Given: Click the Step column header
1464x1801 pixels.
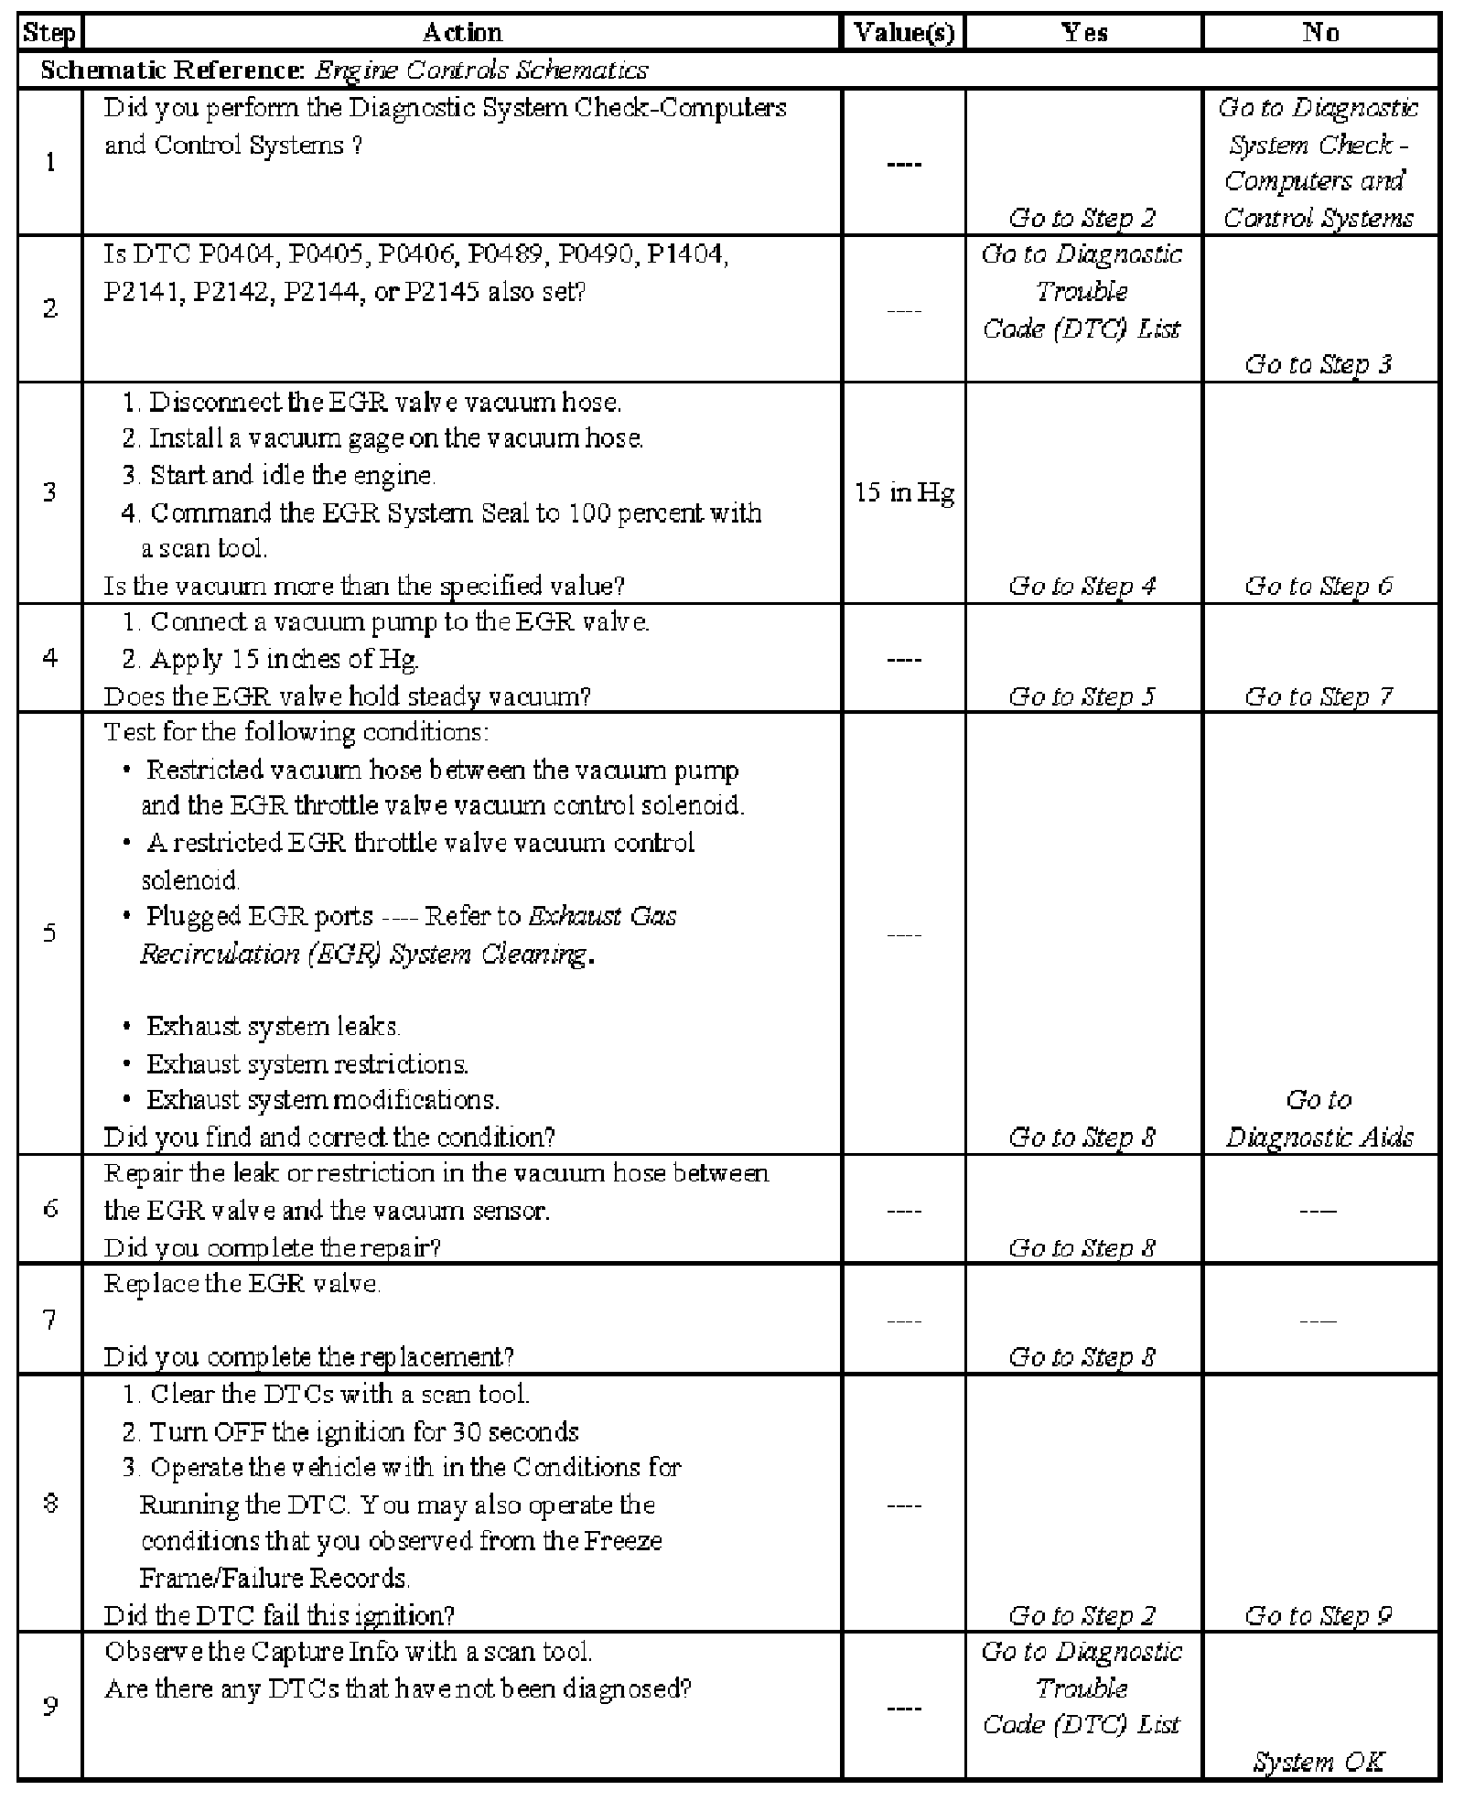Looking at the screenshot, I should [49, 34].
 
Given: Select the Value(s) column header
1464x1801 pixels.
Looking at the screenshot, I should [903, 34].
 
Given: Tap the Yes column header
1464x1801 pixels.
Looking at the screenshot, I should [1083, 34].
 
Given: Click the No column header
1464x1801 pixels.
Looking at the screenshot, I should [1320, 34].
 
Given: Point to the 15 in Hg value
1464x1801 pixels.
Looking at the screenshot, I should [903, 493].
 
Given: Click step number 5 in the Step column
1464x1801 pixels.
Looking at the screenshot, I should [49, 933].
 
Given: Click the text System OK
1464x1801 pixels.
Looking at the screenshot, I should [1319, 1761].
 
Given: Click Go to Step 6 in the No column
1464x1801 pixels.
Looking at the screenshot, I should [1319, 586].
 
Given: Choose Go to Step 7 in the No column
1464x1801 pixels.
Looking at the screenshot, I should [1319, 696].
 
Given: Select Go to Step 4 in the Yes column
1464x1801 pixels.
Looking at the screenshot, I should [1082, 586].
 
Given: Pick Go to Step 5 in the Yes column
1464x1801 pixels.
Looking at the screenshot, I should [1082, 696].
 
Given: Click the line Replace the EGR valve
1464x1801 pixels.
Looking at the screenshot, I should [242, 1284].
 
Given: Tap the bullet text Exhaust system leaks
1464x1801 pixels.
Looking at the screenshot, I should [273, 1027].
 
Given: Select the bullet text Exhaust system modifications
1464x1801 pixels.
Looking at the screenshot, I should [322, 1100].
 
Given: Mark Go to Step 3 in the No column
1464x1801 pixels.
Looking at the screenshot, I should [1319, 364].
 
